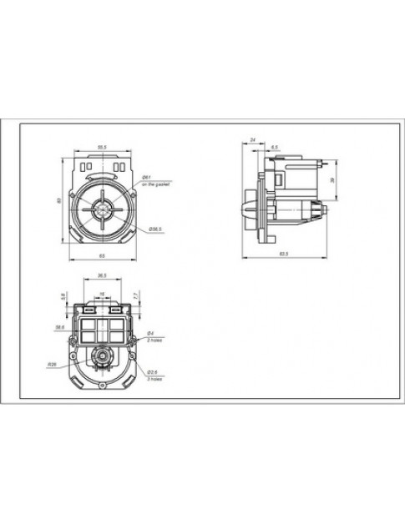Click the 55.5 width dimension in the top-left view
pyautogui.click(x=102, y=148)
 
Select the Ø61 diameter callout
pyautogui.click(x=145, y=178)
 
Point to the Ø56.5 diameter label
pyautogui.click(x=155, y=227)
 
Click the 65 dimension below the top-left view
pyautogui.click(x=102, y=254)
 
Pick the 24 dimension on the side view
pyautogui.click(x=252, y=140)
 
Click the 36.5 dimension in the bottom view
pyautogui.click(x=102, y=275)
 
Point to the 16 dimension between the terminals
pyautogui.click(x=103, y=294)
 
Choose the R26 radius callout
pyautogui.click(x=52, y=364)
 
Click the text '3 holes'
pyautogui.click(x=155, y=379)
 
